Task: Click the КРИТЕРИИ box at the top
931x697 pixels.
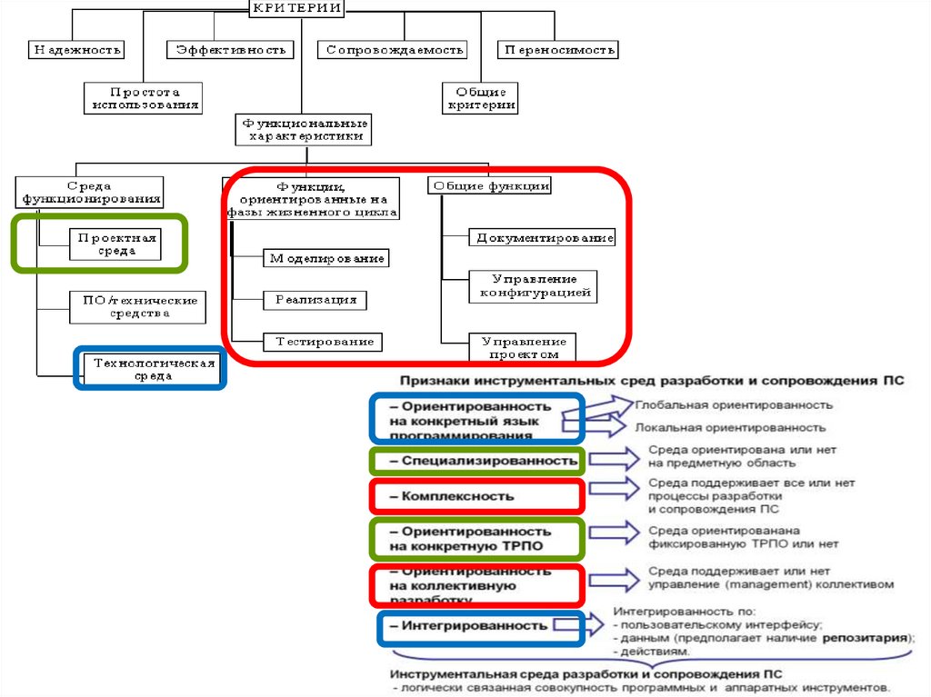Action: [296, 8]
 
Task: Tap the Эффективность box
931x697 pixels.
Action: [231, 50]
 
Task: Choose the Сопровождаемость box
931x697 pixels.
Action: [393, 50]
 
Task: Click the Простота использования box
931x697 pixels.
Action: [144, 98]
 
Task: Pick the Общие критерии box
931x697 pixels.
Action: [480, 98]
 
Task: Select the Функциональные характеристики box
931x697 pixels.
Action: [303, 129]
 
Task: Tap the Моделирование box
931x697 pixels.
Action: [325, 258]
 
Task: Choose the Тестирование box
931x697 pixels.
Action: [322, 342]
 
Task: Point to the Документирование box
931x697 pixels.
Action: [542, 238]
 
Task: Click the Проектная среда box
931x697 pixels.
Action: [115, 244]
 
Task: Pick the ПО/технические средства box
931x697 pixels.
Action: [137, 306]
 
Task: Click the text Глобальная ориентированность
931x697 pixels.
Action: [733, 404]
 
